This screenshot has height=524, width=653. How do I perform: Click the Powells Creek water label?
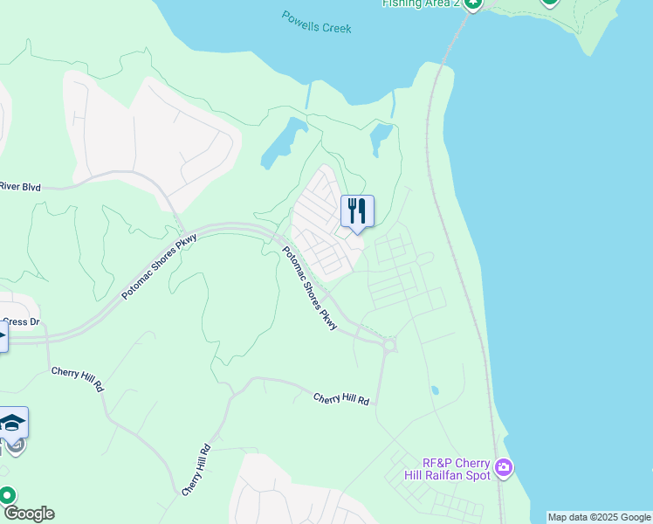pyautogui.click(x=316, y=22)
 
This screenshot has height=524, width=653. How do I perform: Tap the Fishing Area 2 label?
pyautogui.click(x=421, y=3)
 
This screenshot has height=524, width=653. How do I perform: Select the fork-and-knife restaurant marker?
pyautogui.click(x=357, y=211)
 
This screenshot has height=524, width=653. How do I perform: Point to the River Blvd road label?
pyautogui.click(x=20, y=186)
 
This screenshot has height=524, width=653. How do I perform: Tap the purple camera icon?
pyautogui.click(x=504, y=469)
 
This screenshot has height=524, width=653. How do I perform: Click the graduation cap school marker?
pyautogui.click(x=13, y=423)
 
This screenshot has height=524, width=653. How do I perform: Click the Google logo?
pyautogui.click(x=28, y=514)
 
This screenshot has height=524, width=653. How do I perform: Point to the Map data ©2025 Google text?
pyautogui.click(x=600, y=517)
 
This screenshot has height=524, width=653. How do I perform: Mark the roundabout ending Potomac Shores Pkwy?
pyautogui.click(x=388, y=345)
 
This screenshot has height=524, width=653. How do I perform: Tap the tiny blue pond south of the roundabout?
pyautogui.click(x=435, y=390)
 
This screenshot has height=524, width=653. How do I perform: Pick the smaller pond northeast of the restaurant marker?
pyautogui.click(x=381, y=137)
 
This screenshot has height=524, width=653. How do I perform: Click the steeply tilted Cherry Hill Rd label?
pyautogui.click(x=196, y=471)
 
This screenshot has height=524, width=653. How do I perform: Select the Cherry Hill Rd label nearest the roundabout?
pyautogui.click(x=341, y=398)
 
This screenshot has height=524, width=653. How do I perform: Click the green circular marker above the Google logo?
pyautogui.click(x=8, y=495)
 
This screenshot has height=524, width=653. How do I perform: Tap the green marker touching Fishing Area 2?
pyautogui.click(x=472, y=3)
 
